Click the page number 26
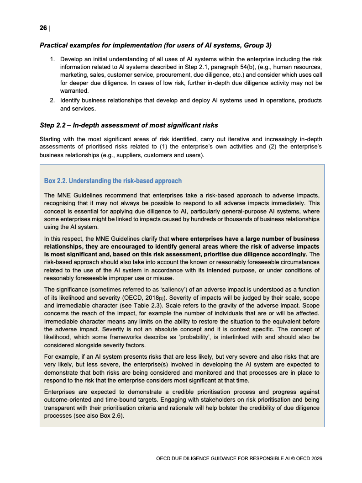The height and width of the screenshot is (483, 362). [x=43, y=28]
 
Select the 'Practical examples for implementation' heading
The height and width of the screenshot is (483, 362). [x=155, y=45]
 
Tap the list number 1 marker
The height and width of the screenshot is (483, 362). [x=52, y=59]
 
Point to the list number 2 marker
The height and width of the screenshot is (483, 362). [x=52, y=100]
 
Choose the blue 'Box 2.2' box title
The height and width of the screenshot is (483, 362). [x=113, y=181]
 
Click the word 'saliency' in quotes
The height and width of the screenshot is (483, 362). [x=168, y=289]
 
